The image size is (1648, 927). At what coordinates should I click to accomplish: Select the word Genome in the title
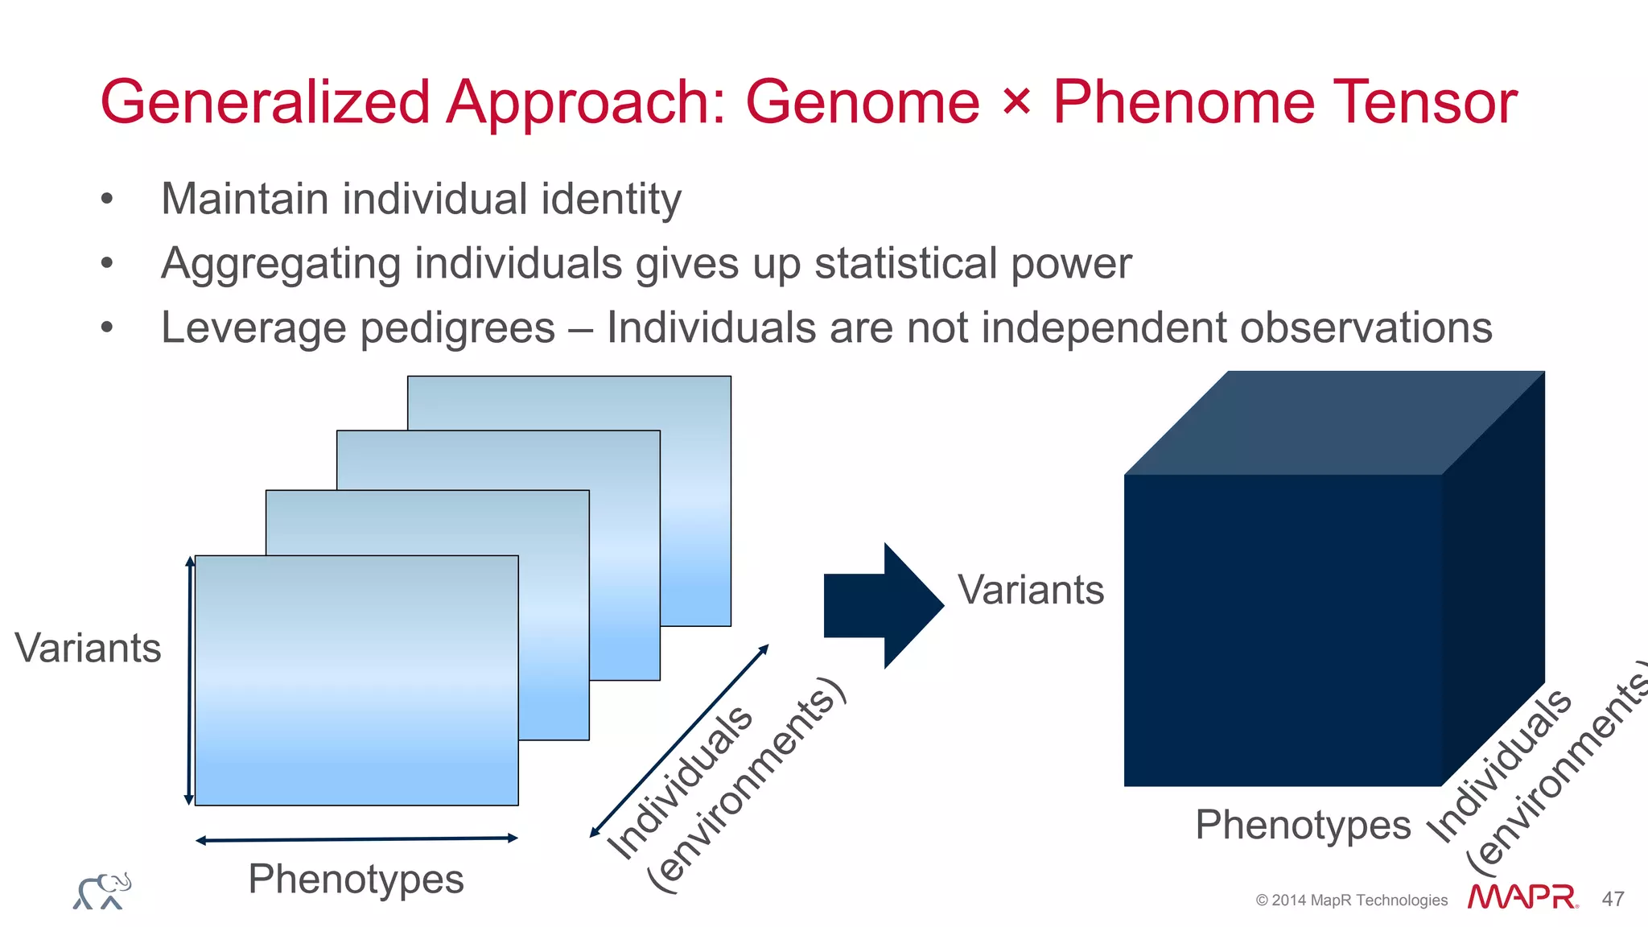pos(862,103)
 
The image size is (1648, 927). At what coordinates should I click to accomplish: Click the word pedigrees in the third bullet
pos(457,329)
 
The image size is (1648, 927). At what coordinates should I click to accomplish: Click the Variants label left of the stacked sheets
pos(88,648)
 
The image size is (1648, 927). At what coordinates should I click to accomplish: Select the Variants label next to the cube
pos(1030,590)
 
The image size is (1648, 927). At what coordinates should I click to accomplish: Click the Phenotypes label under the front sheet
pos(356,879)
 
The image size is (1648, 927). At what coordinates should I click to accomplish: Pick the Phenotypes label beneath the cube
pos(1303,825)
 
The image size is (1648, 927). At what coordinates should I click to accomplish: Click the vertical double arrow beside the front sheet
pos(189,680)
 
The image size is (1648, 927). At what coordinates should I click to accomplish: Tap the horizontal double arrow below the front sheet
pos(356,839)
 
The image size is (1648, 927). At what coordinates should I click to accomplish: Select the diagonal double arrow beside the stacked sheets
pos(680,740)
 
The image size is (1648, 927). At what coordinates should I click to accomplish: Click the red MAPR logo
pos(1522,897)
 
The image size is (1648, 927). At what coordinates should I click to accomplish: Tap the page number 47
pos(1613,899)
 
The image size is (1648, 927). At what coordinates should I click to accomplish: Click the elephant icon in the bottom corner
pos(102,892)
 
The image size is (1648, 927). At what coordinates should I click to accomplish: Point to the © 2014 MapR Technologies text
pos(1351,900)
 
